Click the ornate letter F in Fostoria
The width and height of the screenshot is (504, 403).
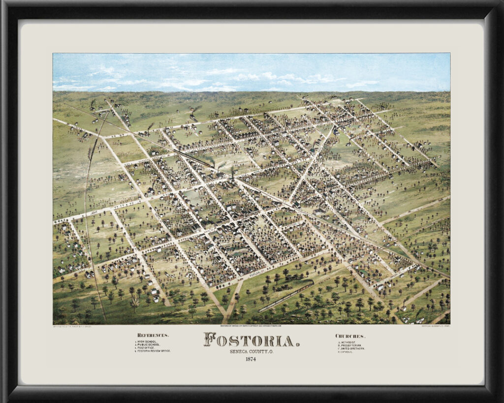[210, 340]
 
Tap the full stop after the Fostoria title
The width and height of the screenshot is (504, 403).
[297, 343]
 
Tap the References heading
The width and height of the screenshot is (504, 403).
[153, 335]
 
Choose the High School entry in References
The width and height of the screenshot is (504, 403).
[148, 341]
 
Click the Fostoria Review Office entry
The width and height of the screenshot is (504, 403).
[155, 351]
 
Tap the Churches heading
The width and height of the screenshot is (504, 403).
[350, 336]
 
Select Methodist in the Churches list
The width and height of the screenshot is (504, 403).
[350, 342]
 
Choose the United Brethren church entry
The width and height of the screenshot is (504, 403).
[352, 348]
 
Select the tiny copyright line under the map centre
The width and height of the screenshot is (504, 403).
[252, 325]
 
